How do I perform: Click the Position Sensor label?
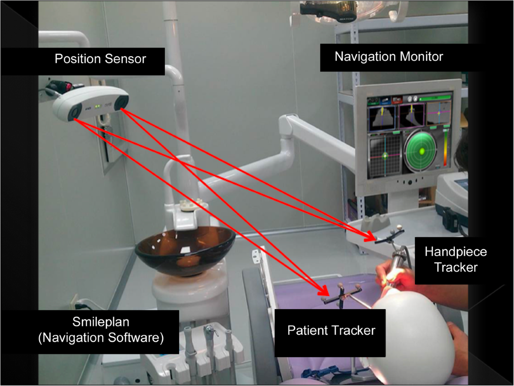click(100, 59)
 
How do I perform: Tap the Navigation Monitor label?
click(388, 56)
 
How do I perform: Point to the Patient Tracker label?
click(331, 331)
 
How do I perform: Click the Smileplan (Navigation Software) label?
click(101, 332)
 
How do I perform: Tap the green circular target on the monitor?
click(422, 151)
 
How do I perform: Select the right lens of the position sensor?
click(123, 102)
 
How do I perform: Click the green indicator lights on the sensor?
click(99, 106)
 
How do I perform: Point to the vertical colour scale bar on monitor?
click(446, 150)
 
